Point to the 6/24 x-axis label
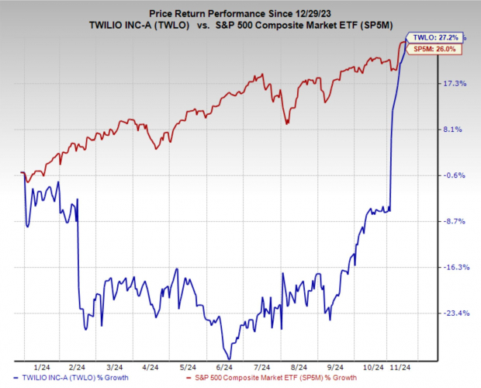tap(226, 366)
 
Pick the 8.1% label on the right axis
tap(455, 130)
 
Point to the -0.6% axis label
tap(455, 175)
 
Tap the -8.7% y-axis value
tap(455, 221)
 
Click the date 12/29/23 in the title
tap(322, 13)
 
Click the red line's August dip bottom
tap(287, 123)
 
